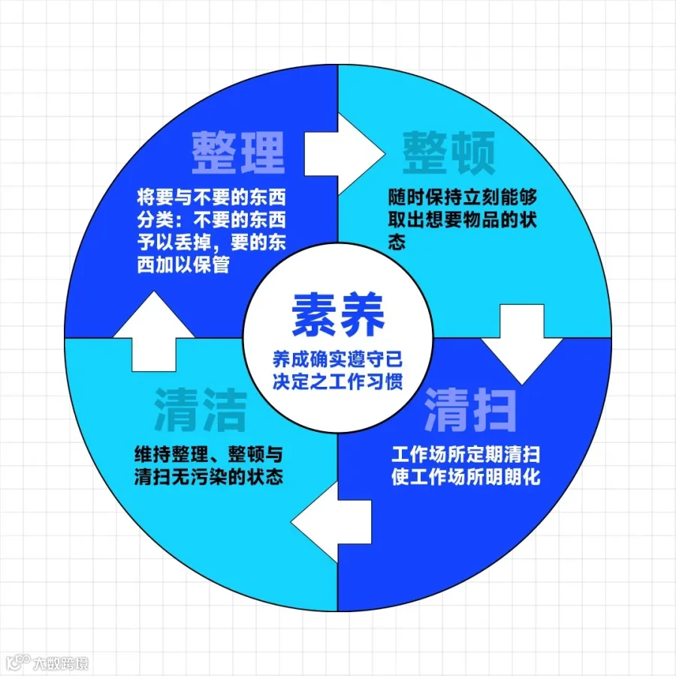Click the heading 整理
(237, 152)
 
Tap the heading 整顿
(448, 152)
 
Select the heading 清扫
(470, 409)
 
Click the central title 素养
(338, 315)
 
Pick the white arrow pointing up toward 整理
(154, 330)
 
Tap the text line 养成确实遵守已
(338, 359)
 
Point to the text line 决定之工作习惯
(338, 381)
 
